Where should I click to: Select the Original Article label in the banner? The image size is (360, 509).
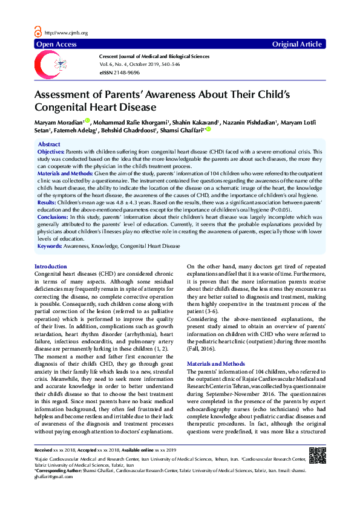point(297,45)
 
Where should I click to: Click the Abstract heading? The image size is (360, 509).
point(49,144)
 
